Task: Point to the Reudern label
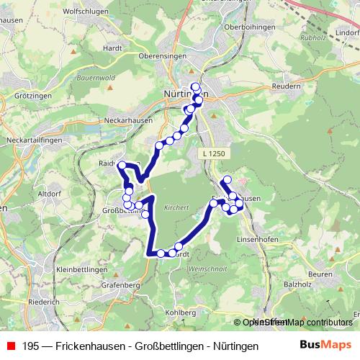[x=287, y=85]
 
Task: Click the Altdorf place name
[x=49, y=194]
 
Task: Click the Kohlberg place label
[x=180, y=313]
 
